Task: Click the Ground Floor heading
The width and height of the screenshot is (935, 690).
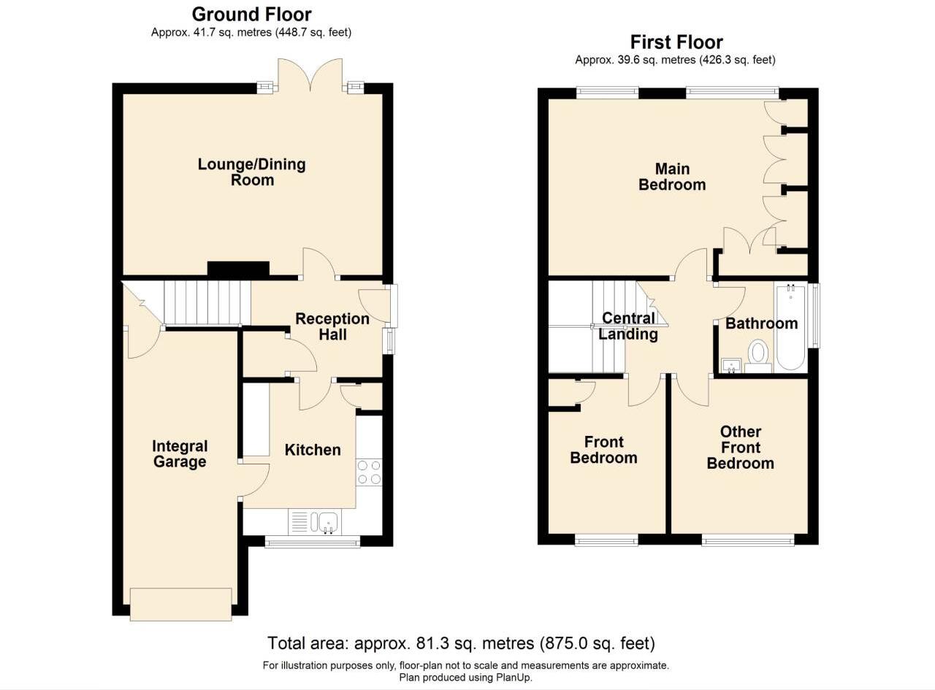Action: coord(251,14)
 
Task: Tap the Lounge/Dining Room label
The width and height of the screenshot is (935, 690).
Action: coord(251,172)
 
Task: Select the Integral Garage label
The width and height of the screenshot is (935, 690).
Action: coord(179,453)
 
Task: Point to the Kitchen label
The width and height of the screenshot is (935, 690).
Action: coord(313,450)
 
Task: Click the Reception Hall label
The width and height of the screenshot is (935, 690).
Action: coord(332,326)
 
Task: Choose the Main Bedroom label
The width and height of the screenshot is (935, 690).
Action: coord(672,177)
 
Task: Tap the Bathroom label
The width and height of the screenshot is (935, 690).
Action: coord(761,323)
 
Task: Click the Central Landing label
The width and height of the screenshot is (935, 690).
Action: coord(627,326)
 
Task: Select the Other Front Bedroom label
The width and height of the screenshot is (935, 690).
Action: coord(740,448)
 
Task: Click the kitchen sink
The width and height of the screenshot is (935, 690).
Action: coord(326,521)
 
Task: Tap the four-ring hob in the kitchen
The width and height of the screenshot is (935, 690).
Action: coord(369,472)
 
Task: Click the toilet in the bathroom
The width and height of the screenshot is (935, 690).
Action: coord(759,354)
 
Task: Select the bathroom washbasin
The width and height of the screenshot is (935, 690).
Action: coord(731,364)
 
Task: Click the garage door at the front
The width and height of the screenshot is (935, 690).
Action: coord(180,604)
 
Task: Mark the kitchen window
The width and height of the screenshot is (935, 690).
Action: coord(312,541)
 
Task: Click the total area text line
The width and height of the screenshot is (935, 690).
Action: coord(461,643)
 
